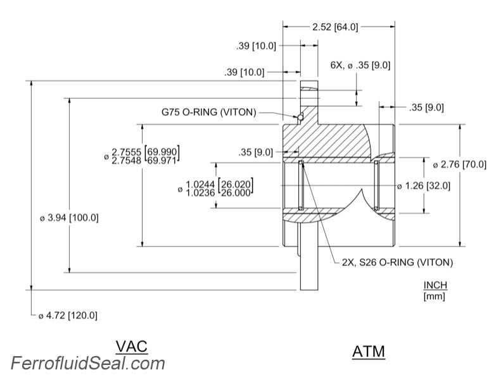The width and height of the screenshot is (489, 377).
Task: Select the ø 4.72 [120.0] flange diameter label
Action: [x=69, y=315]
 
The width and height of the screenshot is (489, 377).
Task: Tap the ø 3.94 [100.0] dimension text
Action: [x=69, y=218]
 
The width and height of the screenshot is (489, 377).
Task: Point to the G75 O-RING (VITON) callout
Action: [x=208, y=113]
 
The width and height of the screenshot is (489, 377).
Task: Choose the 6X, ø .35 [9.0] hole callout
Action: [x=360, y=65]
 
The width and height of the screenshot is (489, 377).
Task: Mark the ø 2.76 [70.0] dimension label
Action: [x=459, y=164]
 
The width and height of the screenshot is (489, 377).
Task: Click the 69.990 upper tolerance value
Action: [x=162, y=151]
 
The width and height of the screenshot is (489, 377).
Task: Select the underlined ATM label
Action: [x=368, y=351]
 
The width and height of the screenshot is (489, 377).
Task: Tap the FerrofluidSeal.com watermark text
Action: [x=87, y=363]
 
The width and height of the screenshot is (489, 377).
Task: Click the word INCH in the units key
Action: [x=435, y=285]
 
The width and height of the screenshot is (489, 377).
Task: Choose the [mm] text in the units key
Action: [x=434, y=295]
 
